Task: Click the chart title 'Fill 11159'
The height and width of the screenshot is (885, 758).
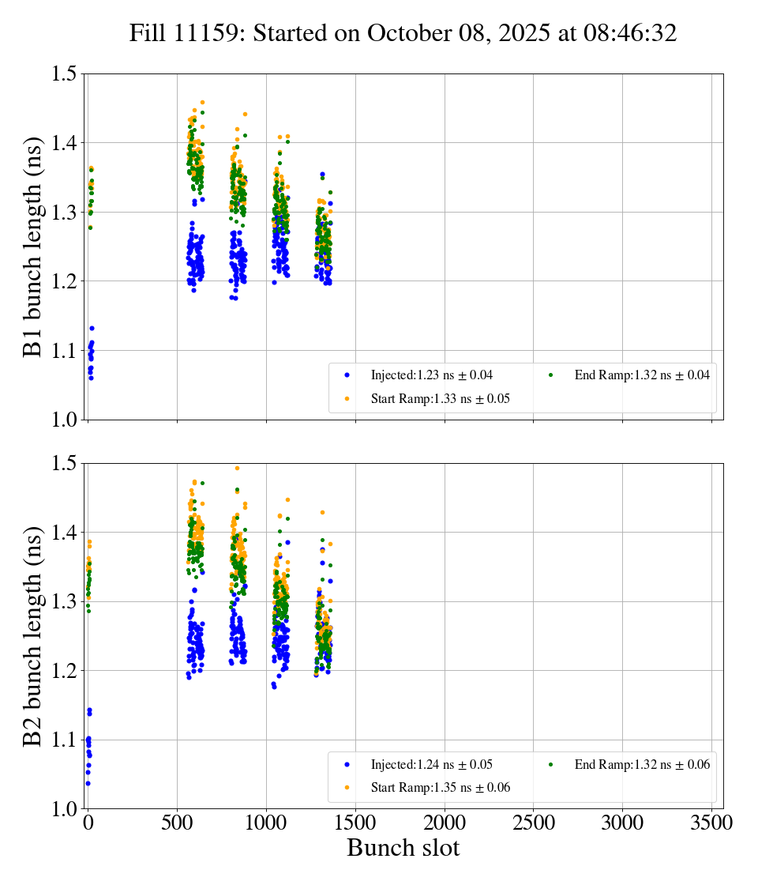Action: coord(403,32)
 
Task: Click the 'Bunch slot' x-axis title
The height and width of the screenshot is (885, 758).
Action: coord(403,848)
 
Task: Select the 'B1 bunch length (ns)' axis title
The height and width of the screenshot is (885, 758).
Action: coord(33,247)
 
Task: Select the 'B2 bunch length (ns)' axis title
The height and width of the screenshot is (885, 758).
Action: coord(33,635)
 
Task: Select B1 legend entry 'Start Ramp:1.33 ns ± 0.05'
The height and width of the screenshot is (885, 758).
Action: coord(440,399)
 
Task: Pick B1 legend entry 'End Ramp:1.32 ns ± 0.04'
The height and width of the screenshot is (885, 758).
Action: coord(641,375)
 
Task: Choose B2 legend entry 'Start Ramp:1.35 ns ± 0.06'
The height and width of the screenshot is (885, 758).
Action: coord(440,788)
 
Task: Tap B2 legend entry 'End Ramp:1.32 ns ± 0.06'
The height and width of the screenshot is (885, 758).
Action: coord(641,764)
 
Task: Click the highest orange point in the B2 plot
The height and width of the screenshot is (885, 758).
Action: coord(237,468)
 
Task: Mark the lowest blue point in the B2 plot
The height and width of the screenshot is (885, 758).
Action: coord(88,783)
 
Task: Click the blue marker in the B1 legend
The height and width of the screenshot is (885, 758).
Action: coord(347,375)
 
